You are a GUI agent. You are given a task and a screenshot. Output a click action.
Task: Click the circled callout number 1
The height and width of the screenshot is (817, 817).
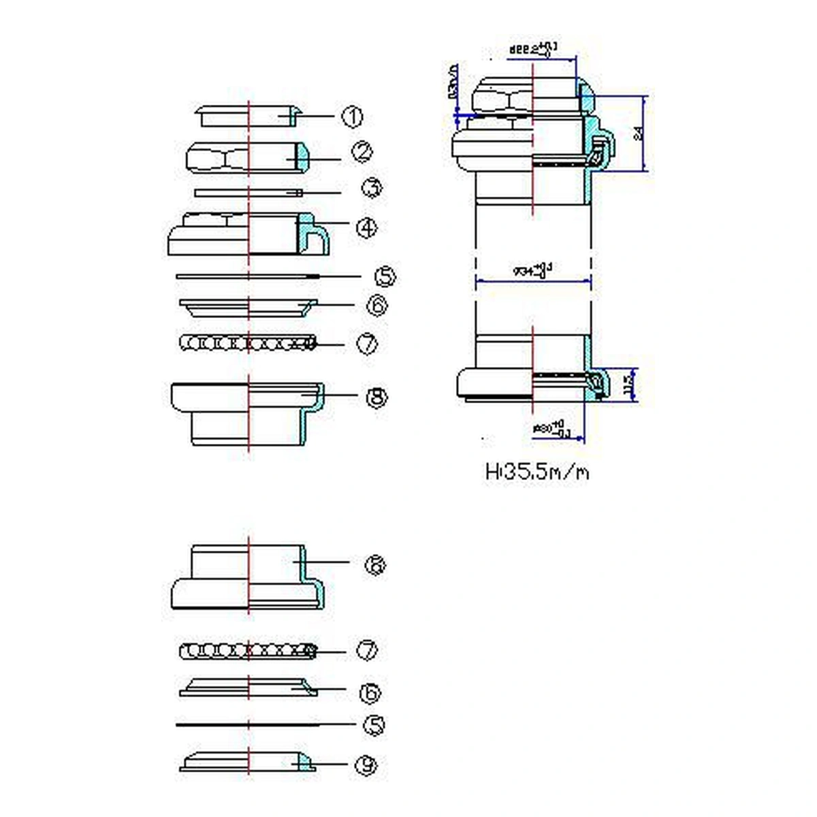pyautogui.click(x=352, y=117)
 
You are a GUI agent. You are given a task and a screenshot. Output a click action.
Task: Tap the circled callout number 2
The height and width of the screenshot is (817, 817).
pyautogui.click(x=362, y=151)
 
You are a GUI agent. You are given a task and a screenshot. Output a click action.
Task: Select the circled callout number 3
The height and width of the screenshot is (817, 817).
pyautogui.click(x=371, y=188)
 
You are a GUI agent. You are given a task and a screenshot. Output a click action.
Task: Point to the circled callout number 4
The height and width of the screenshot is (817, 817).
pyautogui.click(x=367, y=227)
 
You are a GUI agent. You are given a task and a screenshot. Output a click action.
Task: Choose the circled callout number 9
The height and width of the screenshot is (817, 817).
pyautogui.click(x=366, y=765)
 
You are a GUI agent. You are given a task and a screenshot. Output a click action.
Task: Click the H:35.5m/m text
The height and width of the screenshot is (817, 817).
pyautogui.click(x=537, y=472)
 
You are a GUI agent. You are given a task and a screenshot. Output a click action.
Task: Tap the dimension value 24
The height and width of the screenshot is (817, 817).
pyautogui.click(x=638, y=133)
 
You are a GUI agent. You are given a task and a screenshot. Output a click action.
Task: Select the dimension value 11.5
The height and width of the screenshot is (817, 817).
pyautogui.click(x=628, y=386)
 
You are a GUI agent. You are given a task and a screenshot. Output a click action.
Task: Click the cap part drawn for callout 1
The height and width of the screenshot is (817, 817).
pyautogui.click(x=249, y=116)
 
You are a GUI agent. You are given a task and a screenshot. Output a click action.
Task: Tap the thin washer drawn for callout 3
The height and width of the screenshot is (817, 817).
pyautogui.click(x=248, y=193)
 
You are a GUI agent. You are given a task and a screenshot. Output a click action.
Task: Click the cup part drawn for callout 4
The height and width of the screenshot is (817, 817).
pyautogui.click(x=249, y=234)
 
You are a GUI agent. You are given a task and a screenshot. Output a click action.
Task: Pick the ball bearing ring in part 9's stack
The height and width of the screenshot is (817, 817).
pyautogui.click(x=249, y=652)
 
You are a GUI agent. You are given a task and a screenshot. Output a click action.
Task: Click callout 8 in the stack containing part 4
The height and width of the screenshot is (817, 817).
pyautogui.click(x=377, y=397)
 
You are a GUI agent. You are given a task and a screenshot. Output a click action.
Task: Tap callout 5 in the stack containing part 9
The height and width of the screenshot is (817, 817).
pyautogui.click(x=373, y=726)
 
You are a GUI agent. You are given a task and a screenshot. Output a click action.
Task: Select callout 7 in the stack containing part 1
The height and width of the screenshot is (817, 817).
pyautogui.click(x=367, y=343)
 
